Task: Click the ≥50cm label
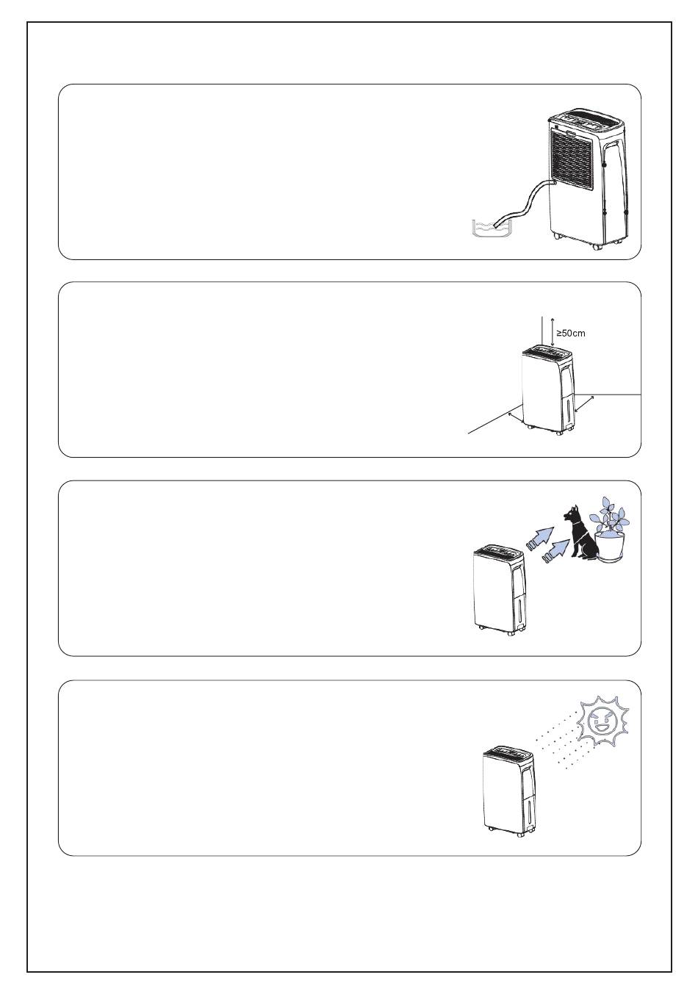click(x=571, y=333)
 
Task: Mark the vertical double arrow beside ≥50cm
click(x=552, y=332)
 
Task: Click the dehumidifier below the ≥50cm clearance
click(x=548, y=389)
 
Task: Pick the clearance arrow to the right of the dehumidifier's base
click(x=584, y=404)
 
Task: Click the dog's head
click(x=572, y=514)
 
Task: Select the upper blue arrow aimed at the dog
click(x=540, y=539)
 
